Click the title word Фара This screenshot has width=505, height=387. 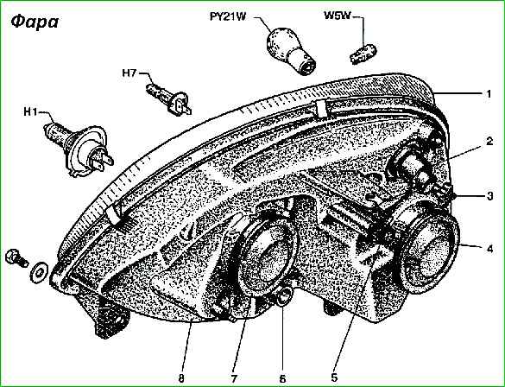point(35,22)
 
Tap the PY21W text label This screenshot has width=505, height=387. point(228,16)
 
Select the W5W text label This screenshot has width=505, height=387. point(337,16)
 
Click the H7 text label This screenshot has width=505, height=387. point(129,73)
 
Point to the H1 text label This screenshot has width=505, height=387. point(30,112)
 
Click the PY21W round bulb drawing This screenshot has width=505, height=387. point(291,51)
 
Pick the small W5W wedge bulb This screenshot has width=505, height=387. point(363,54)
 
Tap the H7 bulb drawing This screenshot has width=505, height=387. point(168,98)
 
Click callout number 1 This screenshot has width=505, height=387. point(489,94)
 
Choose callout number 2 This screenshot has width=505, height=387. point(489,141)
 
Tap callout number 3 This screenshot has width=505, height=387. point(489,196)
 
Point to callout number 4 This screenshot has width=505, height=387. point(489,249)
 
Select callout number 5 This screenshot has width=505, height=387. point(334,377)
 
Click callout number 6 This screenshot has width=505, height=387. point(282,378)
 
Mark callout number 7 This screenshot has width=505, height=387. point(233,377)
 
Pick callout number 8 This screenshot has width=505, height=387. point(182,378)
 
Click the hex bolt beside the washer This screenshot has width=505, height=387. point(16,257)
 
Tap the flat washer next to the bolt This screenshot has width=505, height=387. point(39,272)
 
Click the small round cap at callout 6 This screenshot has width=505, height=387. point(284,295)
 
